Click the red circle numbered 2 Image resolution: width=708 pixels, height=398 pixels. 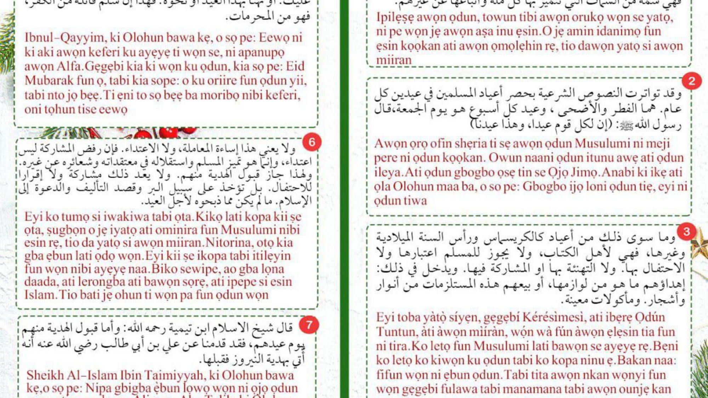click(691, 81)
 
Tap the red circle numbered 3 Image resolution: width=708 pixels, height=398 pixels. click(686, 232)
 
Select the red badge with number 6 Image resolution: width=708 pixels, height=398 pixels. click(312, 142)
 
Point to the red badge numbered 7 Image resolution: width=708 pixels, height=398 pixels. click(309, 325)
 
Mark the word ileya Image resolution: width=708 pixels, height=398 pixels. click(388, 172)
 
